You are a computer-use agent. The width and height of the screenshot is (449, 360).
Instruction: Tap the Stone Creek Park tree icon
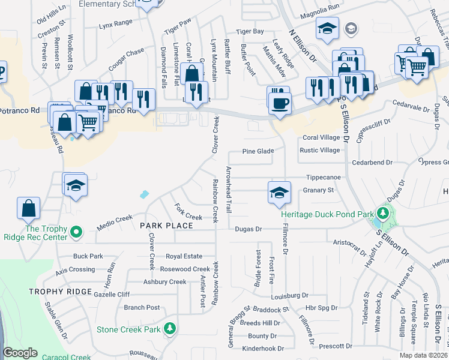[170, 329]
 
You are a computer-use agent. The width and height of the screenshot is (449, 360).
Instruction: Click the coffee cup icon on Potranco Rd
[279, 102]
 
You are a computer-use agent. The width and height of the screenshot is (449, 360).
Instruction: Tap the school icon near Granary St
[279, 193]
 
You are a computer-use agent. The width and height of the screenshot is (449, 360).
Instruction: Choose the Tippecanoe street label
[324, 178]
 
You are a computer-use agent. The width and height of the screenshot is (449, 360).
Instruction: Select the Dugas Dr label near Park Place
[249, 229]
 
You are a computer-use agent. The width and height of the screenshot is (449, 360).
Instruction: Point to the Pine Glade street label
[258, 152]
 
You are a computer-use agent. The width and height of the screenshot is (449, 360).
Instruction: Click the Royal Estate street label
[184, 256]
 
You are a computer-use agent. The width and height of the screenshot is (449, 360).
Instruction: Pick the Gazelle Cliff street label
[112, 295]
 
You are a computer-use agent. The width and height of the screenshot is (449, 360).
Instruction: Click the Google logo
[20, 353]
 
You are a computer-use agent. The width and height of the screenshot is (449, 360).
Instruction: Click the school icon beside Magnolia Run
[328, 28]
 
